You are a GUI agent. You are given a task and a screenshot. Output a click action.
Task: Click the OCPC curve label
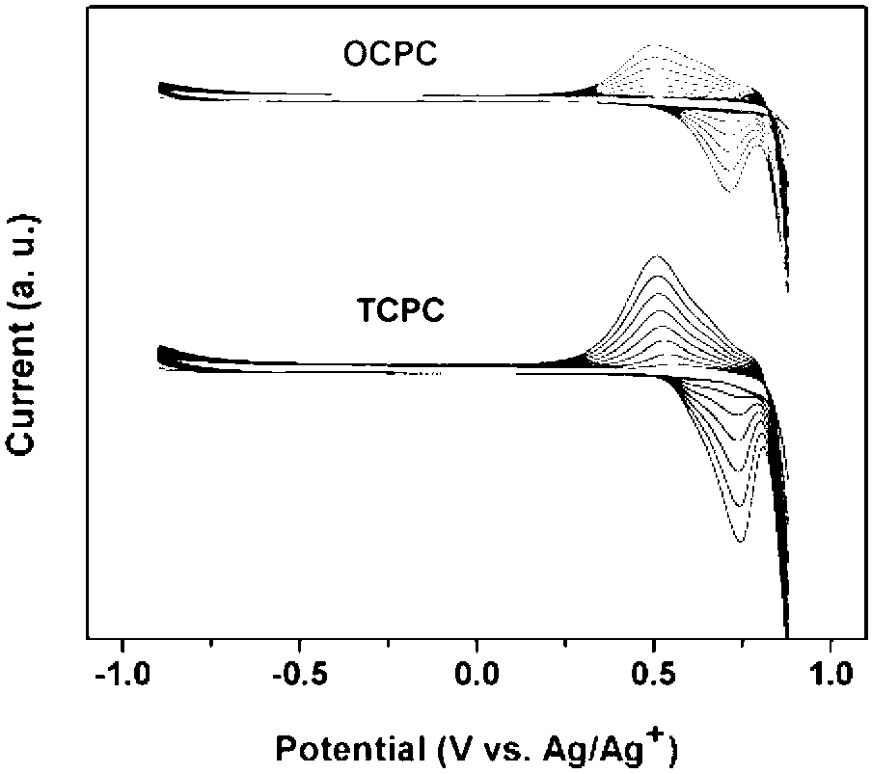coord(391,54)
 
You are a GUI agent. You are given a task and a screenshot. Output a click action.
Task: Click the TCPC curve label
coord(400,309)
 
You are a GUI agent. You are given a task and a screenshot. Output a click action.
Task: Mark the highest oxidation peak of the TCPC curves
coord(657,256)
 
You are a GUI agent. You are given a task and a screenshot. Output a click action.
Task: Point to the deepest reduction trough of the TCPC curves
coord(740,541)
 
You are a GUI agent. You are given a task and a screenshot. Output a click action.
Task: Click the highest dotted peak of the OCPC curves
coord(656,45)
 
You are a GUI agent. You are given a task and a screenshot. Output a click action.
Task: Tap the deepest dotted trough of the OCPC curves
coord(728,191)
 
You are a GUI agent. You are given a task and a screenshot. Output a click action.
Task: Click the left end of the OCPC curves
coord(159,89)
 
